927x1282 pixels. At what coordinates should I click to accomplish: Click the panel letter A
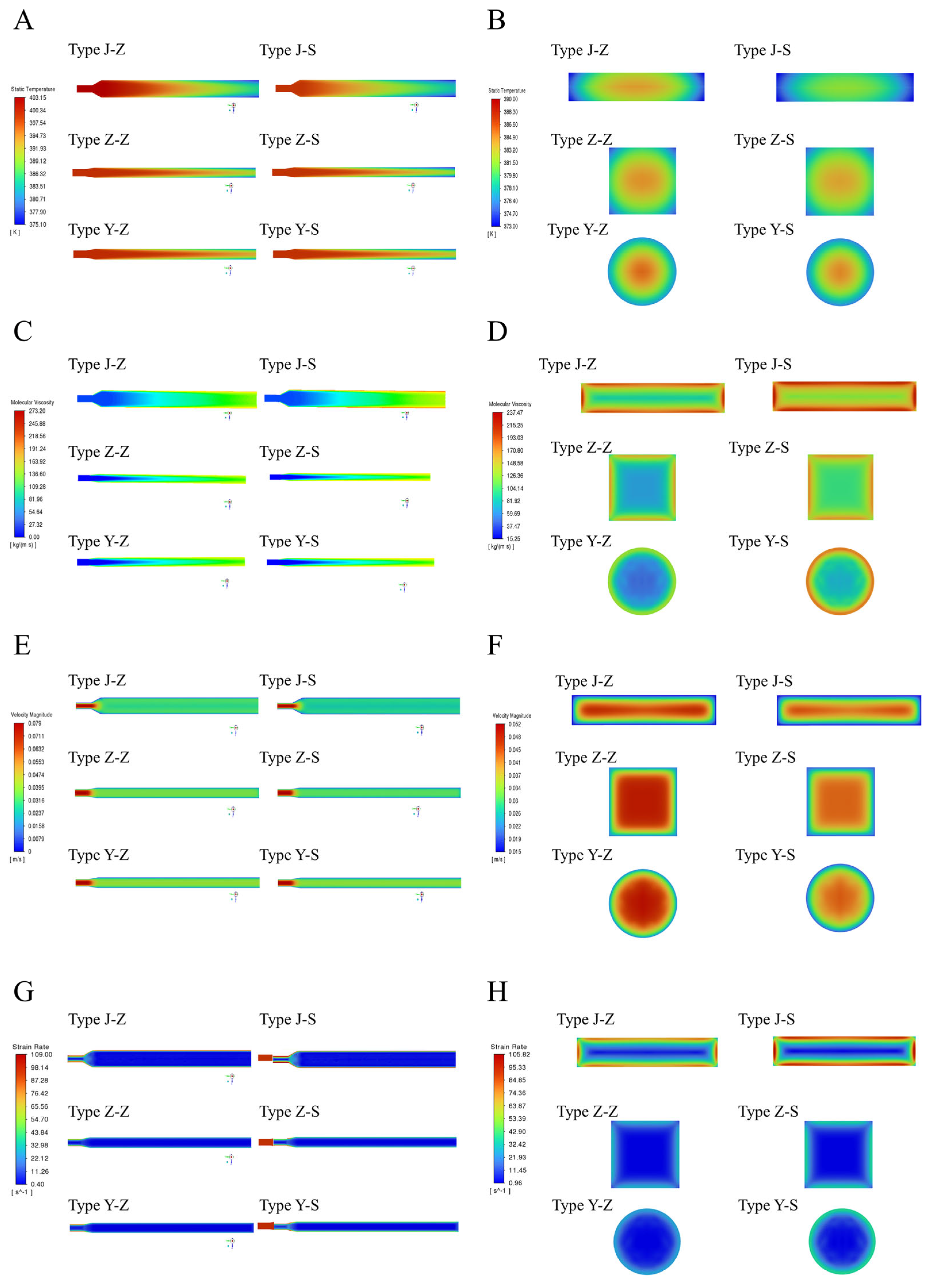pyautogui.click(x=24, y=20)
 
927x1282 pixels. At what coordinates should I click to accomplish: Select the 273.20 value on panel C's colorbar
pyautogui.click(x=37, y=411)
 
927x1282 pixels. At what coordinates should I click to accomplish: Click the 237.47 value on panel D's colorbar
pyautogui.click(x=514, y=413)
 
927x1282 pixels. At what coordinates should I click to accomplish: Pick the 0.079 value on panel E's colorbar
pyautogui.click(x=35, y=723)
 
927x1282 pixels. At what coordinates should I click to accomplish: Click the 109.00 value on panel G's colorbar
pyautogui.click(x=41, y=1054)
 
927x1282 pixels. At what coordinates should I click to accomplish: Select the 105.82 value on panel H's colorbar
pyautogui.click(x=519, y=1054)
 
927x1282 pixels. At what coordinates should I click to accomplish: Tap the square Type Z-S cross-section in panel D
pyautogui.click(x=840, y=487)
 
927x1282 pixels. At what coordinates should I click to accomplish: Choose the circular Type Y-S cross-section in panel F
pyautogui.click(x=840, y=897)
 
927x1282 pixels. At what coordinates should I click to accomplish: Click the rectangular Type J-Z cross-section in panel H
pyautogui.click(x=647, y=1052)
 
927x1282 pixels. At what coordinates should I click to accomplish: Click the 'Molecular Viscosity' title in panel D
pyautogui.click(x=510, y=404)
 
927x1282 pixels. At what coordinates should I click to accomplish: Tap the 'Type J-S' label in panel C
pyautogui.click(x=288, y=365)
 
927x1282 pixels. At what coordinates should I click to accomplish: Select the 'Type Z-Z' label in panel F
pyautogui.click(x=586, y=758)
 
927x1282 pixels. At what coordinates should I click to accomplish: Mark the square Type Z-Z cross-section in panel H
pyautogui.click(x=645, y=1154)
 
